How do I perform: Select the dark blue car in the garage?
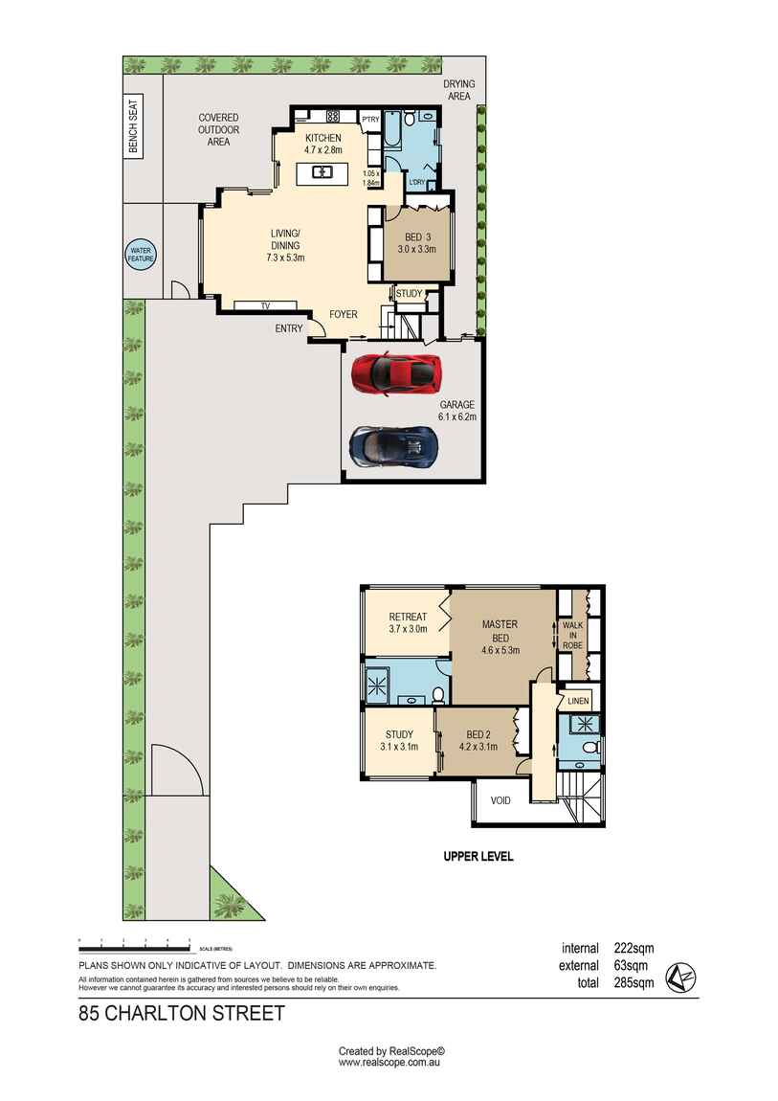(x=393, y=445)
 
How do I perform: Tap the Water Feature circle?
(x=142, y=255)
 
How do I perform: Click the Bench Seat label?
(x=134, y=127)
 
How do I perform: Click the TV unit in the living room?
(x=266, y=305)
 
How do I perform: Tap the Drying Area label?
(x=458, y=90)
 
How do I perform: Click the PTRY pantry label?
(x=370, y=119)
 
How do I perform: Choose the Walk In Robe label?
(x=572, y=635)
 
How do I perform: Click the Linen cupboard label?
(x=578, y=702)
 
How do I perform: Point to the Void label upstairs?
(x=500, y=800)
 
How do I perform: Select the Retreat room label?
(x=408, y=622)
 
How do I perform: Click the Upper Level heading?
(x=478, y=857)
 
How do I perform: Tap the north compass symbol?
(x=681, y=976)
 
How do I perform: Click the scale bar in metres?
(x=134, y=948)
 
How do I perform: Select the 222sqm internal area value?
(x=634, y=949)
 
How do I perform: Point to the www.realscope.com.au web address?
(x=389, y=1062)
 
